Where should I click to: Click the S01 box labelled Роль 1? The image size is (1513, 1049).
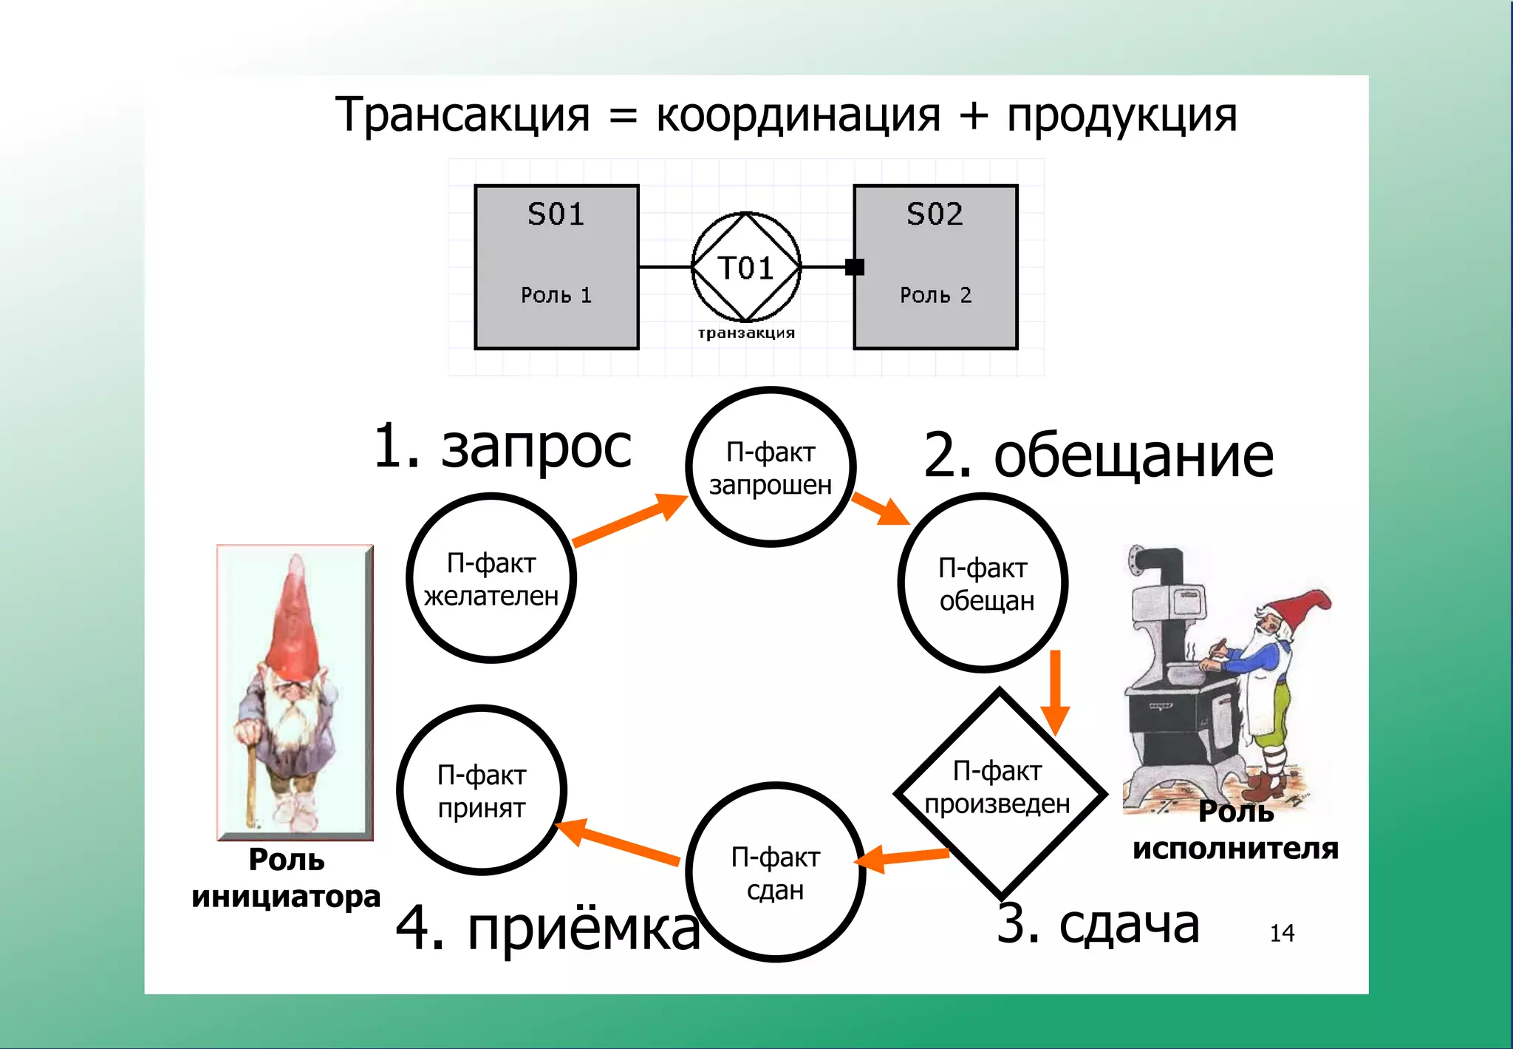pos(556,267)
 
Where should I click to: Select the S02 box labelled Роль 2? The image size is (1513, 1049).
pos(935,267)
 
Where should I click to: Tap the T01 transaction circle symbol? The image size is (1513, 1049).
pos(746,267)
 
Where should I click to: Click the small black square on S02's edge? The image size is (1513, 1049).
pos(855,267)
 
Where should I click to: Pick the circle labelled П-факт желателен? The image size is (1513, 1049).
pos(491,578)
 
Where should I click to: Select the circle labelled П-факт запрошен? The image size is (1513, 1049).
pos(771,467)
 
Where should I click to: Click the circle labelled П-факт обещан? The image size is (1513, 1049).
pos(983,583)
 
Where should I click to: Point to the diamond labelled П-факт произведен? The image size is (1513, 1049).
pos(1000,792)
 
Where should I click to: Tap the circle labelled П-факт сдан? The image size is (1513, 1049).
pos(775,872)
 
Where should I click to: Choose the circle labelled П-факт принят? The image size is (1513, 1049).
pos(482,790)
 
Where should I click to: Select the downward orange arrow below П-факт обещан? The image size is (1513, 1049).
pos(1056,691)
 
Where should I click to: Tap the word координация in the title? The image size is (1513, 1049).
pos(798,115)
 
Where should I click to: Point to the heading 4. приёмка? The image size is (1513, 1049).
pos(547,928)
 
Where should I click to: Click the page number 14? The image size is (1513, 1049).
pos(1282,933)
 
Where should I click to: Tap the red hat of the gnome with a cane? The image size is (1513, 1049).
pos(293,625)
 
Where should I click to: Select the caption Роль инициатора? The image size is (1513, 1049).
pos(286,877)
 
